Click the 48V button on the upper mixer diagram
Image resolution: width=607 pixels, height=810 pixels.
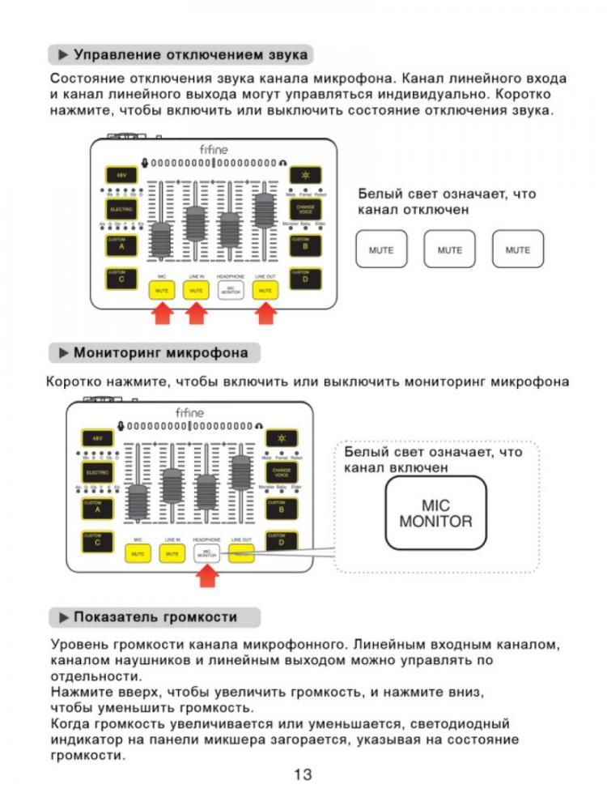(x=120, y=175)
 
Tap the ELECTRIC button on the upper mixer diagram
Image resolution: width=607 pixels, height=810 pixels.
(x=120, y=208)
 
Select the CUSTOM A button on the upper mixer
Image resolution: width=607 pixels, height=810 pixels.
(x=120, y=244)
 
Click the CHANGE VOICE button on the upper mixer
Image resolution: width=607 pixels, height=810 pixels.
(x=305, y=208)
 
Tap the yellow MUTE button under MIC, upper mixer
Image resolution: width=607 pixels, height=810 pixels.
(x=161, y=289)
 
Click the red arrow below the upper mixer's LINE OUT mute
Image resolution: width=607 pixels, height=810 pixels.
(x=265, y=313)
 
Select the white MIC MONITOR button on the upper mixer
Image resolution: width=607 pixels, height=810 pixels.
(x=231, y=289)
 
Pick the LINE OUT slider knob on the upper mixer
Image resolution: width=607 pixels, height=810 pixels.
(x=264, y=210)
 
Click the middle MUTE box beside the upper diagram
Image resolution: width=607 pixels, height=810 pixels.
(x=449, y=249)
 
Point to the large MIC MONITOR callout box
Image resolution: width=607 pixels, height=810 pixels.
(x=435, y=514)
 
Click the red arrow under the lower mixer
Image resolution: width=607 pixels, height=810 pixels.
(x=209, y=577)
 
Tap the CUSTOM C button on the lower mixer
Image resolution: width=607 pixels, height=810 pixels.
(x=97, y=540)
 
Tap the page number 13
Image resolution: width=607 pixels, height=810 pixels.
(x=303, y=774)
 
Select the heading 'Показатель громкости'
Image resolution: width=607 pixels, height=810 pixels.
(x=155, y=617)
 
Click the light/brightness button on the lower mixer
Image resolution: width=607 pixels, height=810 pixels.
(x=282, y=437)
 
